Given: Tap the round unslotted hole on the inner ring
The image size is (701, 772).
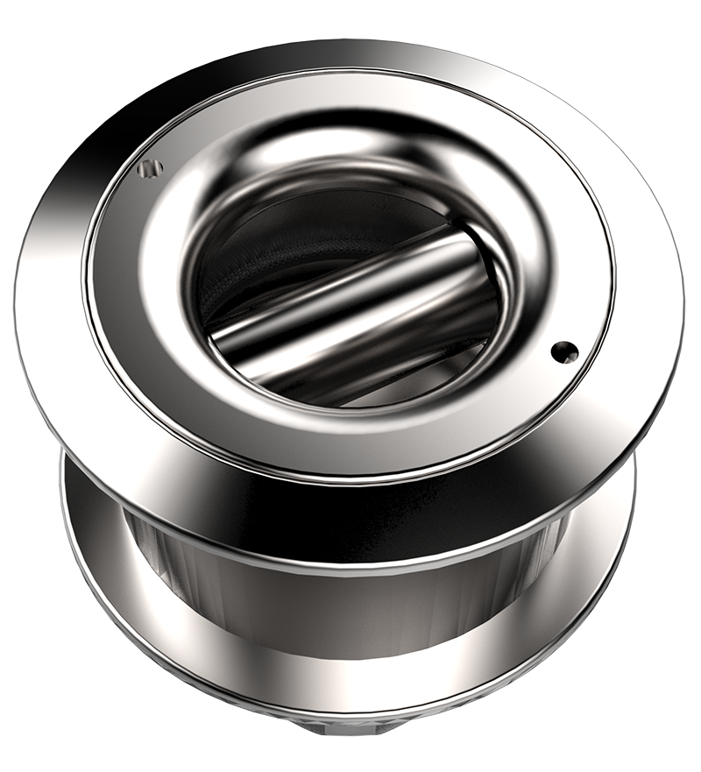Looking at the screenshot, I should (x=564, y=352).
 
